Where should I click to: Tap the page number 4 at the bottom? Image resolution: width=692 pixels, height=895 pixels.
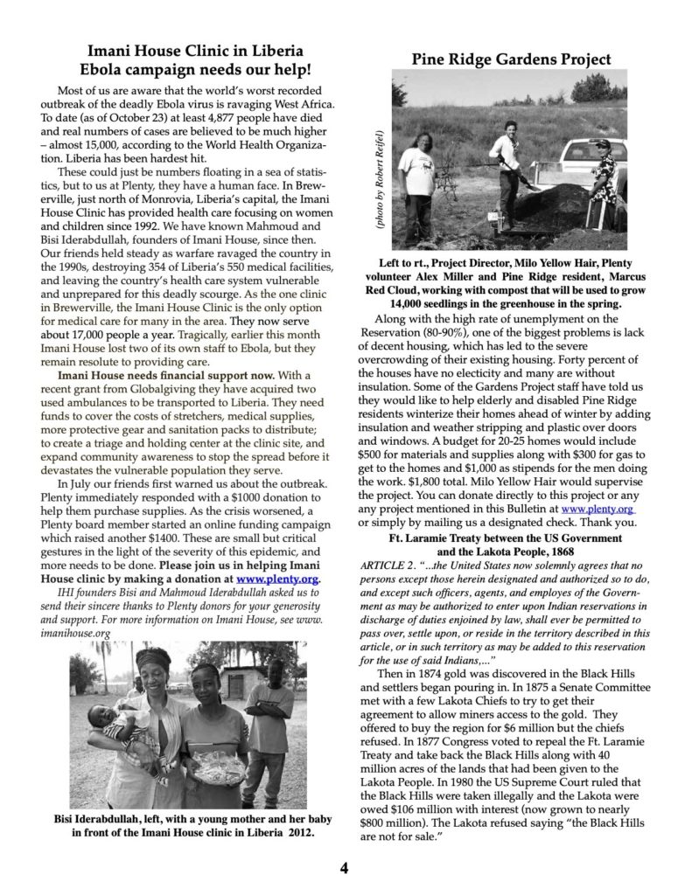[345, 867]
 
